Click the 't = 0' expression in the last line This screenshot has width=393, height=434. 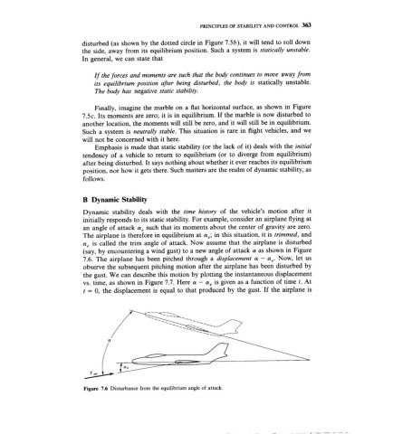[x=79, y=320]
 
